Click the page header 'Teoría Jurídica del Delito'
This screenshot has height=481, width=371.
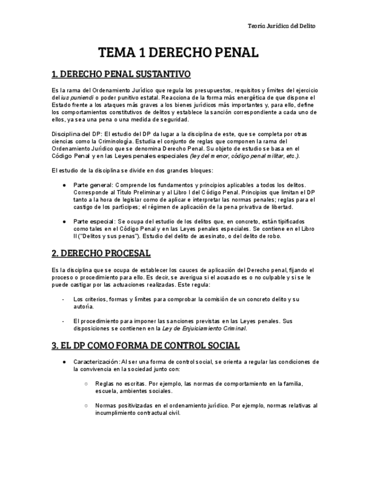coord(282,26)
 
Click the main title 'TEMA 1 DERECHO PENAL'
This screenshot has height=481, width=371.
coord(178,53)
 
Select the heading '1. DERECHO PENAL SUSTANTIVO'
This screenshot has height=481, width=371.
coord(121,74)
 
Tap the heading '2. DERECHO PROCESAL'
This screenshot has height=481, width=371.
coord(101,254)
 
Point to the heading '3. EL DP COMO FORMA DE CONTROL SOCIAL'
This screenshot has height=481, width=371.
coord(145,345)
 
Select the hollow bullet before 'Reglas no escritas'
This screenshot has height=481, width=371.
coord(86,384)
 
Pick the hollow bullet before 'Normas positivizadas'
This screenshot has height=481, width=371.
coord(86,406)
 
